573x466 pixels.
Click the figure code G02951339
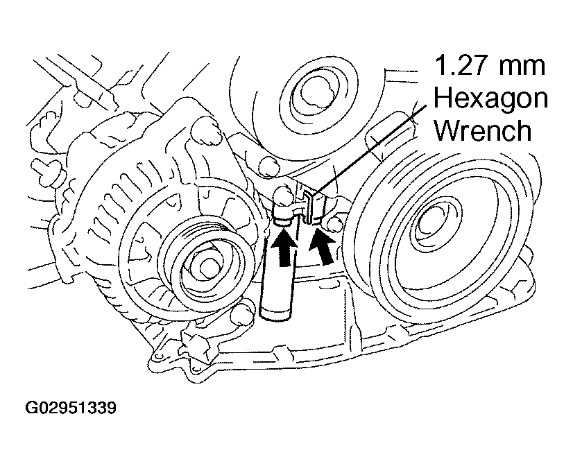[x=71, y=408]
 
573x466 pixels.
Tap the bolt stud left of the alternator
[x=45, y=169]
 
